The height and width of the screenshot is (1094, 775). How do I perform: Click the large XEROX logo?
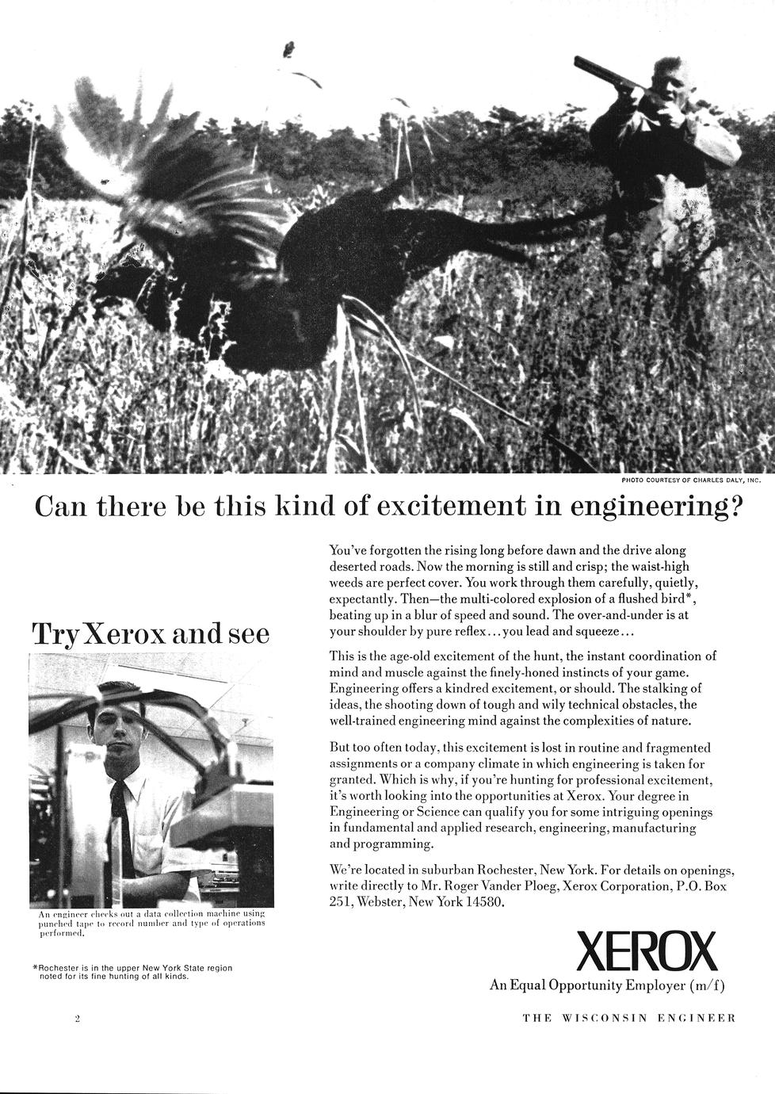pyautogui.click(x=647, y=951)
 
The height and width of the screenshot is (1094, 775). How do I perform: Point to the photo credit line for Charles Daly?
pyautogui.click(x=691, y=480)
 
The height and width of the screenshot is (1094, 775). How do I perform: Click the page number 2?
pyautogui.click(x=77, y=1019)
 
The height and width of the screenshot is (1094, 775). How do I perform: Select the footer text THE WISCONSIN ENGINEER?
pyautogui.click(x=629, y=1019)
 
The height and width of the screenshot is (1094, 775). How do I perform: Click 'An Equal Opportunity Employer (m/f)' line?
pyautogui.click(x=607, y=985)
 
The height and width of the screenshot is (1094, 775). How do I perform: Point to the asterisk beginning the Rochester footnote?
pyautogui.click(x=36, y=968)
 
